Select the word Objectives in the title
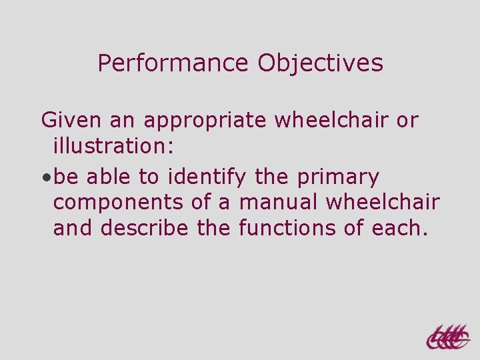320,64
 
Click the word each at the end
399,228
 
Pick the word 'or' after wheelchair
407,121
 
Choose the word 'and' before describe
73,228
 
